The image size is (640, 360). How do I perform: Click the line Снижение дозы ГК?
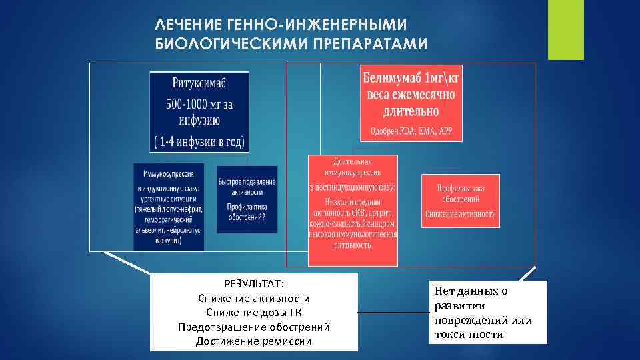point(254,313)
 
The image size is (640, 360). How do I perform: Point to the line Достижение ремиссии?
point(254,341)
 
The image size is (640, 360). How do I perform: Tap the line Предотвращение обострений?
point(254,327)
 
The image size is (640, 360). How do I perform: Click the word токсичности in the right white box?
point(469,334)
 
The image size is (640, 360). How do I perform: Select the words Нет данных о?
point(471,291)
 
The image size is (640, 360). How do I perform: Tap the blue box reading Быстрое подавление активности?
point(247,199)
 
